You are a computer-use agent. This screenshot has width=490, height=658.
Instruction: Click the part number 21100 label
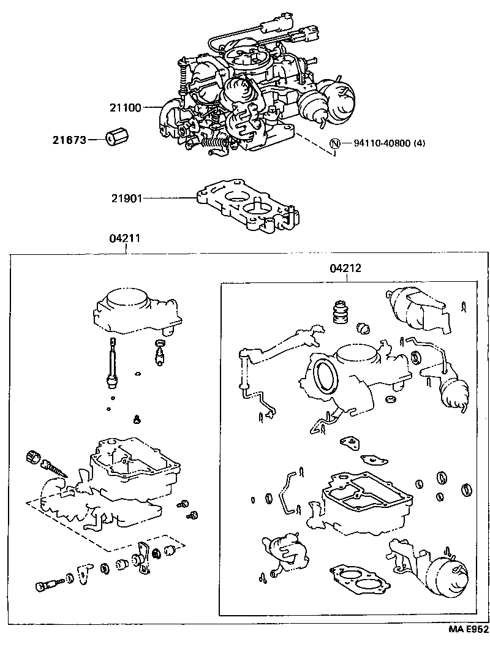(125, 108)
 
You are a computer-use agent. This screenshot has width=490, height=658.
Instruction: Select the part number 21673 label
(68, 140)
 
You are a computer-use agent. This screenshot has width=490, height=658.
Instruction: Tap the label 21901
(126, 197)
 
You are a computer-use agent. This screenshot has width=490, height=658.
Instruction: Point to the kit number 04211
(126, 240)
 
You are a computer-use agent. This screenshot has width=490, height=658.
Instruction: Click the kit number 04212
(345, 268)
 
